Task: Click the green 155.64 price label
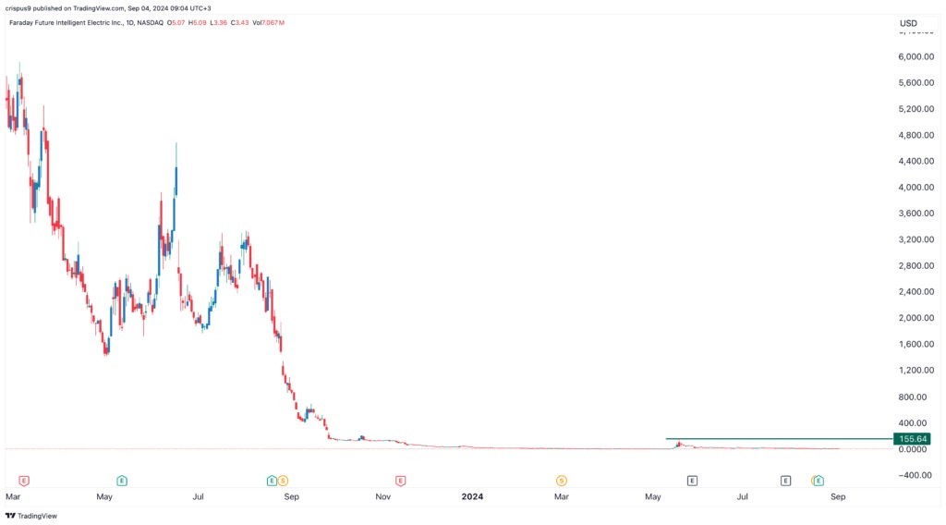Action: coord(910,438)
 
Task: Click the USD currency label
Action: coord(908,23)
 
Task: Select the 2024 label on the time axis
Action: coord(472,496)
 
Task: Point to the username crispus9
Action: coord(20,8)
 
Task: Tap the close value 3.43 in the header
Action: coord(242,21)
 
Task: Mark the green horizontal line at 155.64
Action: coord(776,438)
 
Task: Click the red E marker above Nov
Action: coord(400,481)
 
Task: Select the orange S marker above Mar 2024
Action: coord(561,481)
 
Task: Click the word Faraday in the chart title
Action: coord(22,21)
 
